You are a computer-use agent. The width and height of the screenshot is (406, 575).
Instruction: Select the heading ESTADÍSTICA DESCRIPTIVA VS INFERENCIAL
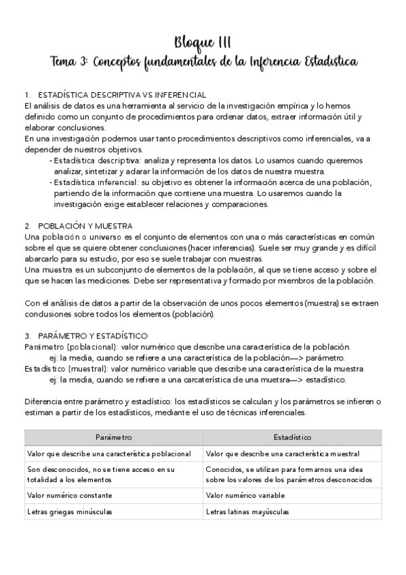pyautogui.click(x=123, y=94)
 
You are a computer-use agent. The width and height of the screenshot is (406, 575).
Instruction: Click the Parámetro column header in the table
pyautogui.click(x=113, y=438)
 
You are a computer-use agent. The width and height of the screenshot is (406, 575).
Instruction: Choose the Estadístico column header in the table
pyautogui.click(x=292, y=438)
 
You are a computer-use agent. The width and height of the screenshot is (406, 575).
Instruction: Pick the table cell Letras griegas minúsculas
pyautogui.click(x=70, y=512)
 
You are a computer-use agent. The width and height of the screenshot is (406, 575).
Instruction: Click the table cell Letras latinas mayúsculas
pyautogui.click(x=247, y=512)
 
